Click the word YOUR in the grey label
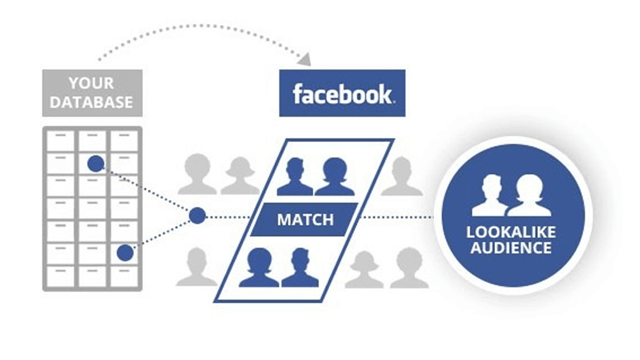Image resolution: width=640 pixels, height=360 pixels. pyautogui.click(x=92, y=83)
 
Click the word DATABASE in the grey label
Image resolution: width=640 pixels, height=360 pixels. pyautogui.click(x=92, y=102)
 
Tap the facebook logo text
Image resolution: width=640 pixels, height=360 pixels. pyautogui.click(x=342, y=94)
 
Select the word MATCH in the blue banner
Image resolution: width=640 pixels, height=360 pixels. pyautogui.click(x=305, y=219)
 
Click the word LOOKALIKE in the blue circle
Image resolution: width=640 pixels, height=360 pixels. pyautogui.click(x=510, y=232)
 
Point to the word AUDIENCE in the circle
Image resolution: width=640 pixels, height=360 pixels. pyautogui.click(x=510, y=247)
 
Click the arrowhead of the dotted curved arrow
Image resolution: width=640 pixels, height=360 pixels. pyautogui.click(x=304, y=60)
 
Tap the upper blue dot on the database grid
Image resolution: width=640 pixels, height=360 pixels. pyautogui.click(x=95, y=163)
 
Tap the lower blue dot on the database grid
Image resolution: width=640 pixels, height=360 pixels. pyautogui.click(x=125, y=252)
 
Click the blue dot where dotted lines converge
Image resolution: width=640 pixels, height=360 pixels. pyautogui.click(x=197, y=215)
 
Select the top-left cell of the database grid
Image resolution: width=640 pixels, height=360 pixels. pyautogui.click(x=60, y=140)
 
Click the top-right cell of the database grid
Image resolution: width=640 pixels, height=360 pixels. pyautogui.click(x=124, y=140)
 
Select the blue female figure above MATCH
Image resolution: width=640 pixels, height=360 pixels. pyautogui.click(x=334, y=177)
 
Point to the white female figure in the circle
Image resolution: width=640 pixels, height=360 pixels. pyautogui.click(x=529, y=196)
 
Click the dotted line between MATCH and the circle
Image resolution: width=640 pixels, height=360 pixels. pyautogui.click(x=395, y=217)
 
